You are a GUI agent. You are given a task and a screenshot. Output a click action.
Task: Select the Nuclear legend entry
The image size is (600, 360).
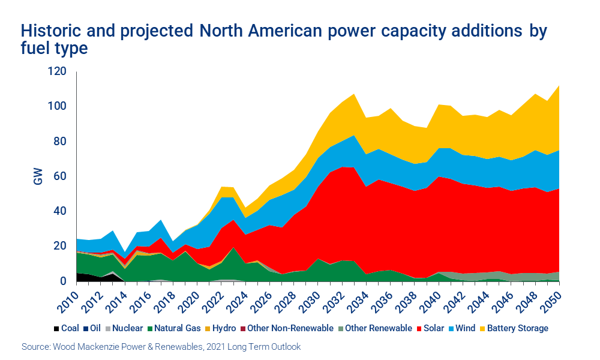[124, 328]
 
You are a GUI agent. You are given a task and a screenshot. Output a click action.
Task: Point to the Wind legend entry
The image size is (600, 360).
[467, 328]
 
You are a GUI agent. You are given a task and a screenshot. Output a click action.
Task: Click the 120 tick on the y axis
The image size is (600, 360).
[58, 71]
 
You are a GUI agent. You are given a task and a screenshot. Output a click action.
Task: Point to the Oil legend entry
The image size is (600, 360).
[94, 328]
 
